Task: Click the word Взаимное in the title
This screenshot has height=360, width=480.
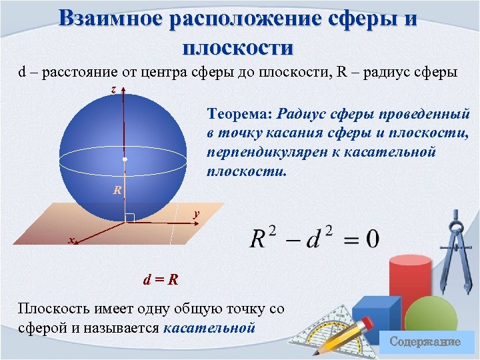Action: [x=108, y=19]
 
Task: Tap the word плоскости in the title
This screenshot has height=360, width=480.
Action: [x=237, y=47]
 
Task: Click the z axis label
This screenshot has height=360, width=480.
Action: [x=114, y=89]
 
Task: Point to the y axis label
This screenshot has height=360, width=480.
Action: [x=196, y=214]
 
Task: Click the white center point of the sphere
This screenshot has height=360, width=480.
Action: [x=124, y=160]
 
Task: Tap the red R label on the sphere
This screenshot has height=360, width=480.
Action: [x=117, y=191]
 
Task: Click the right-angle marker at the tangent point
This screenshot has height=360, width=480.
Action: [x=129, y=218]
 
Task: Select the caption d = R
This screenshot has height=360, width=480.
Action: [x=160, y=279]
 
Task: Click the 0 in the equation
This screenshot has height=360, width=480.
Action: [x=371, y=239]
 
